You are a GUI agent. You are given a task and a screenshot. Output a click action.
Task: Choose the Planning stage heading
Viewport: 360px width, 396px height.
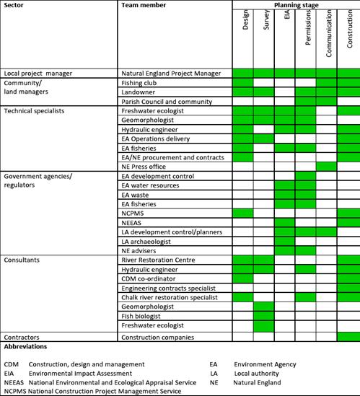[x=295, y=5]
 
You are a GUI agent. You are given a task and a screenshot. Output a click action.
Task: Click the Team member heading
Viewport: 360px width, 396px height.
[x=144, y=5]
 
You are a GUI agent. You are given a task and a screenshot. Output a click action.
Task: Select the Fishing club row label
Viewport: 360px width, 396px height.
[x=141, y=82]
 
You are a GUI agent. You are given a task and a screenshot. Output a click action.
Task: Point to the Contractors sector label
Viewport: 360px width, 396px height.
[x=22, y=337]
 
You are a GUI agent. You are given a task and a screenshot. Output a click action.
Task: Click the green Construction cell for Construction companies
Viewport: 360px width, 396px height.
[x=348, y=337]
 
